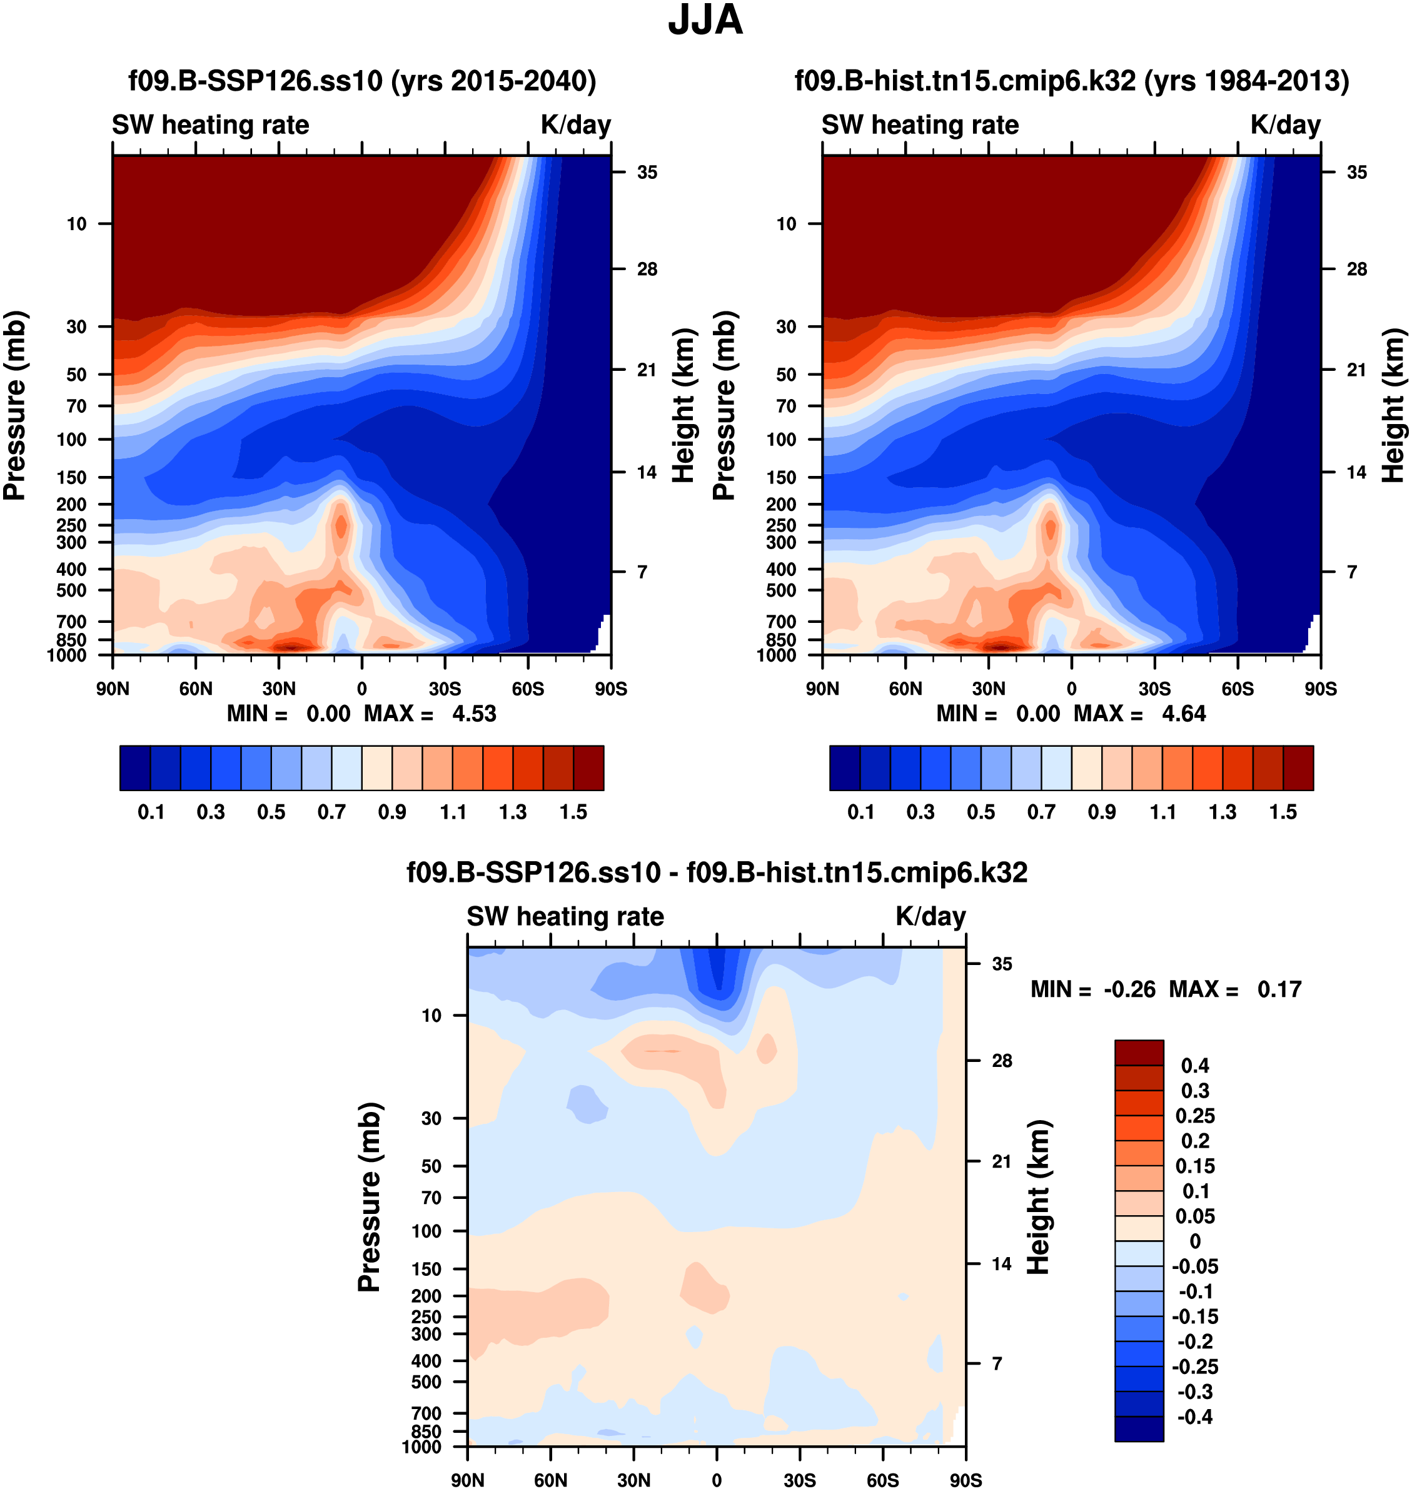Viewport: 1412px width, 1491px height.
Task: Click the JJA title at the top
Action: (x=705, y=20)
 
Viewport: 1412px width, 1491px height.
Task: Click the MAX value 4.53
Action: (x=473, y=714)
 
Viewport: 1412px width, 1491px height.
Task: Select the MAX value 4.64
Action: (x=1183, y=714)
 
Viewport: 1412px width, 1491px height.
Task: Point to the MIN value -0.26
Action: (x=1129, y=989)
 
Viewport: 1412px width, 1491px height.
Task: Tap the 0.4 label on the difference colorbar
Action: (x=1194, y=1066)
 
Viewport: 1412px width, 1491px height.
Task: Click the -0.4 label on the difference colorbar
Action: (x=1194, y=1417)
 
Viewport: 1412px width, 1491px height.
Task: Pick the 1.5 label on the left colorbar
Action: (x=573, y=812)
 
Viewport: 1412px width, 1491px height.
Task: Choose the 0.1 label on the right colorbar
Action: (x=860, y=812)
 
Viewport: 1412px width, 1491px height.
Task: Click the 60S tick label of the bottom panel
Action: (x=882, y=1480)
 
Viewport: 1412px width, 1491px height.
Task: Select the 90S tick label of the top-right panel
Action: (x=1320, y=689)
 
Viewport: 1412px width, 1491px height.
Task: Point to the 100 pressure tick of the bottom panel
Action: (x=426, y=1231)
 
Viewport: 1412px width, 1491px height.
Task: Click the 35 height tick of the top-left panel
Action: (x=647, y=173)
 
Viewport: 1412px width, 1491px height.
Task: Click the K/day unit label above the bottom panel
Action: (x=930, y=917)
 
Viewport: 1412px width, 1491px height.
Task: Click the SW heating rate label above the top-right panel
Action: (x=920, y=125)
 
